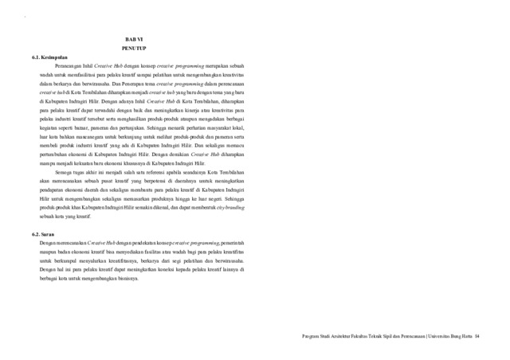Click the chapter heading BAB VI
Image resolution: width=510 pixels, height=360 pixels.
pyautogui.click(x=134, y=39)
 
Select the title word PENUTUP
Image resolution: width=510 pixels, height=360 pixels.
pyautogui.click(x=134, y=49)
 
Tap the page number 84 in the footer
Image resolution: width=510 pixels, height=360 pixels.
pyautogui.click(x=477, y=336)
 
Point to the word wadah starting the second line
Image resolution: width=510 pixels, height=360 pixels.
pyautogui.click(x=48, y=78)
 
